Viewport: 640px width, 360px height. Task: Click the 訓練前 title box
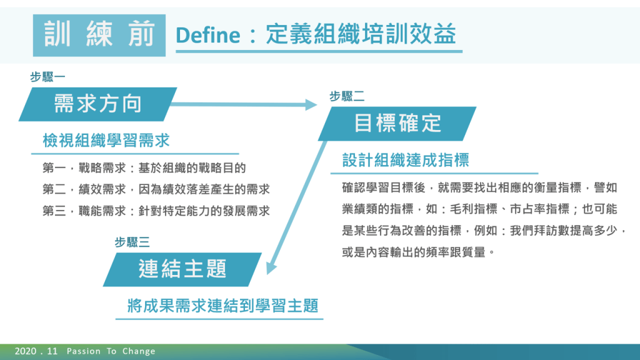99,35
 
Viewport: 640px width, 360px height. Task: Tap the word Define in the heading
207,35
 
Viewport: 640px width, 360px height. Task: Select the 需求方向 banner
98,104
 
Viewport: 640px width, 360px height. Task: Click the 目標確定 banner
397,124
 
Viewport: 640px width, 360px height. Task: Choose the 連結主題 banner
182,269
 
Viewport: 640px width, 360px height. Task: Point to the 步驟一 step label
47,77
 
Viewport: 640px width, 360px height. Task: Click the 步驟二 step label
347,96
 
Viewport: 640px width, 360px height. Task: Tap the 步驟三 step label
132,242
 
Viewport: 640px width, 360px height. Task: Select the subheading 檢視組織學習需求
106,141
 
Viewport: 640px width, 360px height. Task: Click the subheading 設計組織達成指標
406,160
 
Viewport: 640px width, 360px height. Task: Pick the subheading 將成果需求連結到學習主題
223,306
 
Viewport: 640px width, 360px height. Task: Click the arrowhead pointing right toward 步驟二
311,104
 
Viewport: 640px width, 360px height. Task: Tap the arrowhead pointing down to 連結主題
271,268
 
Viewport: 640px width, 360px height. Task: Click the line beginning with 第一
144,167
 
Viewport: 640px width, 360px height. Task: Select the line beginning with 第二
156,189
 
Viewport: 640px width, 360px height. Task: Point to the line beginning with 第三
156,211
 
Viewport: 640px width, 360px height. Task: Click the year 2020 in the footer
26,351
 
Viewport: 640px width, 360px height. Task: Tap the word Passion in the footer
84,351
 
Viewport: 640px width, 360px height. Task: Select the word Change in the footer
139,351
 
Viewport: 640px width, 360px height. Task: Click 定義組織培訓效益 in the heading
361,34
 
